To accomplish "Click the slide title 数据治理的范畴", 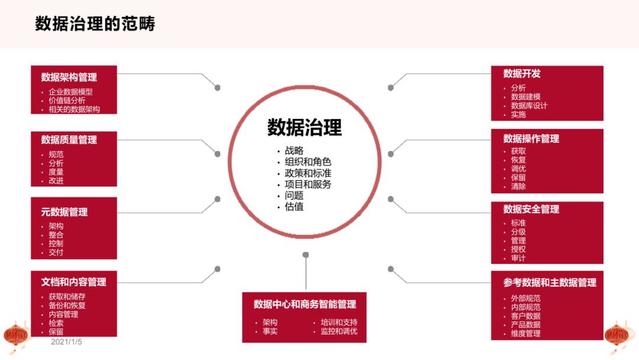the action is click(95, 24).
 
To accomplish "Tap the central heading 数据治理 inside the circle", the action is click(305, 127).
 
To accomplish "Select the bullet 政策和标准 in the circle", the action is click(308, 173).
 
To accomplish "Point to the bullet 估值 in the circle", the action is click(294, 207).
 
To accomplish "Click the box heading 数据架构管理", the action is click(69, 77).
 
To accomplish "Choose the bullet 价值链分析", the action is click(67, 101).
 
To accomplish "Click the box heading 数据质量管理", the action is click(69, 140).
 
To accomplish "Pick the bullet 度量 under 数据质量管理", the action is click(56, 172).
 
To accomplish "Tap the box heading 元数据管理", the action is click(64, 212).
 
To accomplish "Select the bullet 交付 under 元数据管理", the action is click(56, 252).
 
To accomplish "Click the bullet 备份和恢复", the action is click(67, 306).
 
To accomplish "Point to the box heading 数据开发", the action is click(522, 73).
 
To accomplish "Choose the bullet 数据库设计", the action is click(529, 105).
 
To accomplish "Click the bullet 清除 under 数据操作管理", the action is click(518, 186).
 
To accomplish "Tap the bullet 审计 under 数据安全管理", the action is click(518, 258).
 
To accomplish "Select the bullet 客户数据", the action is click(525, 316).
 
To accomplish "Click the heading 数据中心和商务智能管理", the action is click(305, 304).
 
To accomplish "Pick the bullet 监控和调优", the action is click(339, 331).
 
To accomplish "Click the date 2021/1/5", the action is click(66, 342).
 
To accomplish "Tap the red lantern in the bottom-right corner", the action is click(617, 336).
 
